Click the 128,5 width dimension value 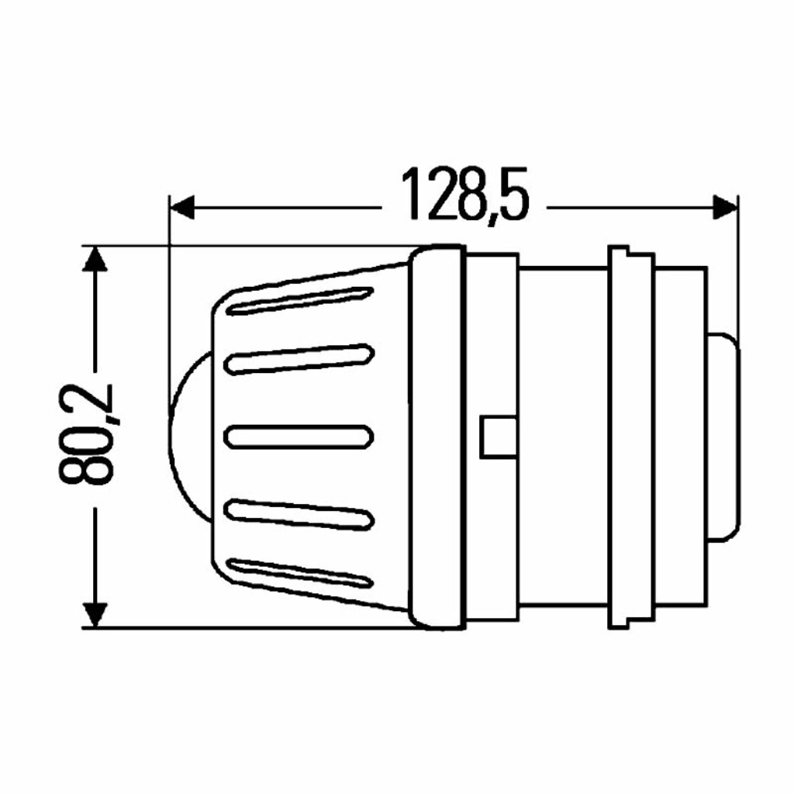coord(465,195)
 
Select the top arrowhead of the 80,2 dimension coord(95,259)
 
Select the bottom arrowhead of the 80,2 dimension coord(95,615)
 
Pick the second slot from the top coord(299,359)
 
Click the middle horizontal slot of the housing coord(299,437)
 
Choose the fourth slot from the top coord(299,515)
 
